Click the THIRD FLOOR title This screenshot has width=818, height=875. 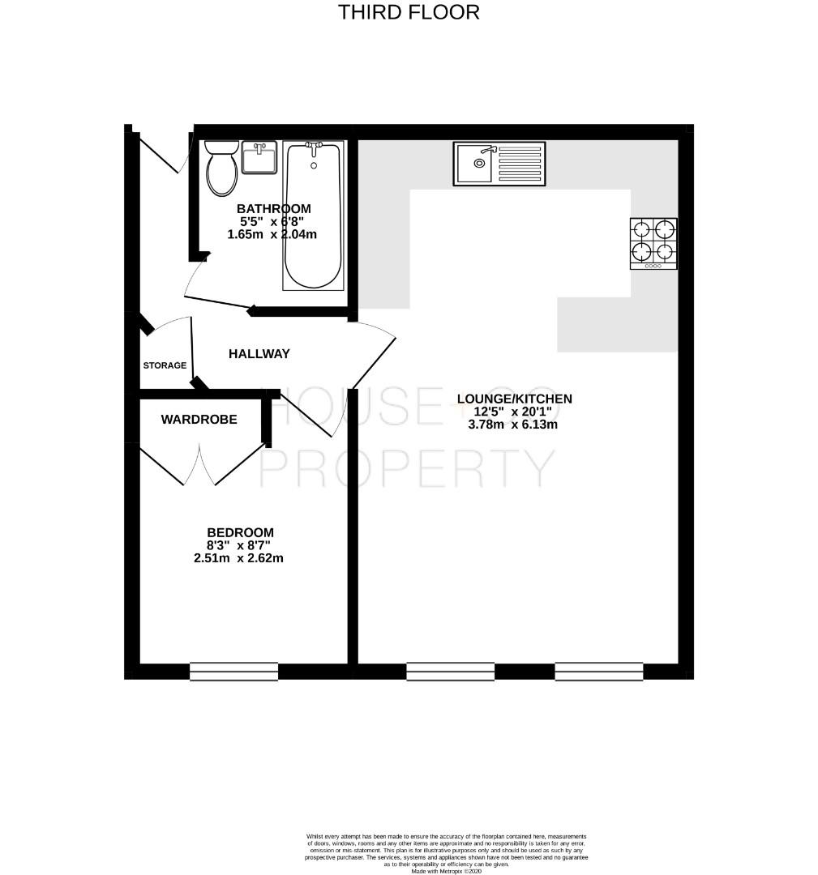409,12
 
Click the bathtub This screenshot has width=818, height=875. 313,219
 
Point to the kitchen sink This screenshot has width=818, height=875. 477,164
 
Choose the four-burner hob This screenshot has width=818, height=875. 653,243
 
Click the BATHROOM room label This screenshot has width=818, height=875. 273,208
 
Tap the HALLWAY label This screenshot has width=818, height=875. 259,354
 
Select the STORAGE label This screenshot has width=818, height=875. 165,365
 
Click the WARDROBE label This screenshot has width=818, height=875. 199,420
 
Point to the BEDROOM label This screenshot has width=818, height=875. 240,532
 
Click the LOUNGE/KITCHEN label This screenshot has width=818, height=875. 515,399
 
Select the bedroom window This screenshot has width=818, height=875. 233,671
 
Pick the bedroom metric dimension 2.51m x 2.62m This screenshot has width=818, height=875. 238,558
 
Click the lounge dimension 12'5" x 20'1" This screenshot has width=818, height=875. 512,412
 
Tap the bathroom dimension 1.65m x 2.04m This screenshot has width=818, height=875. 272,234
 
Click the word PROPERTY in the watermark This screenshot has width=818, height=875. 407,467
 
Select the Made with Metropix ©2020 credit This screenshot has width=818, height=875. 446,870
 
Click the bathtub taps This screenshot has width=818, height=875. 314,147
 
